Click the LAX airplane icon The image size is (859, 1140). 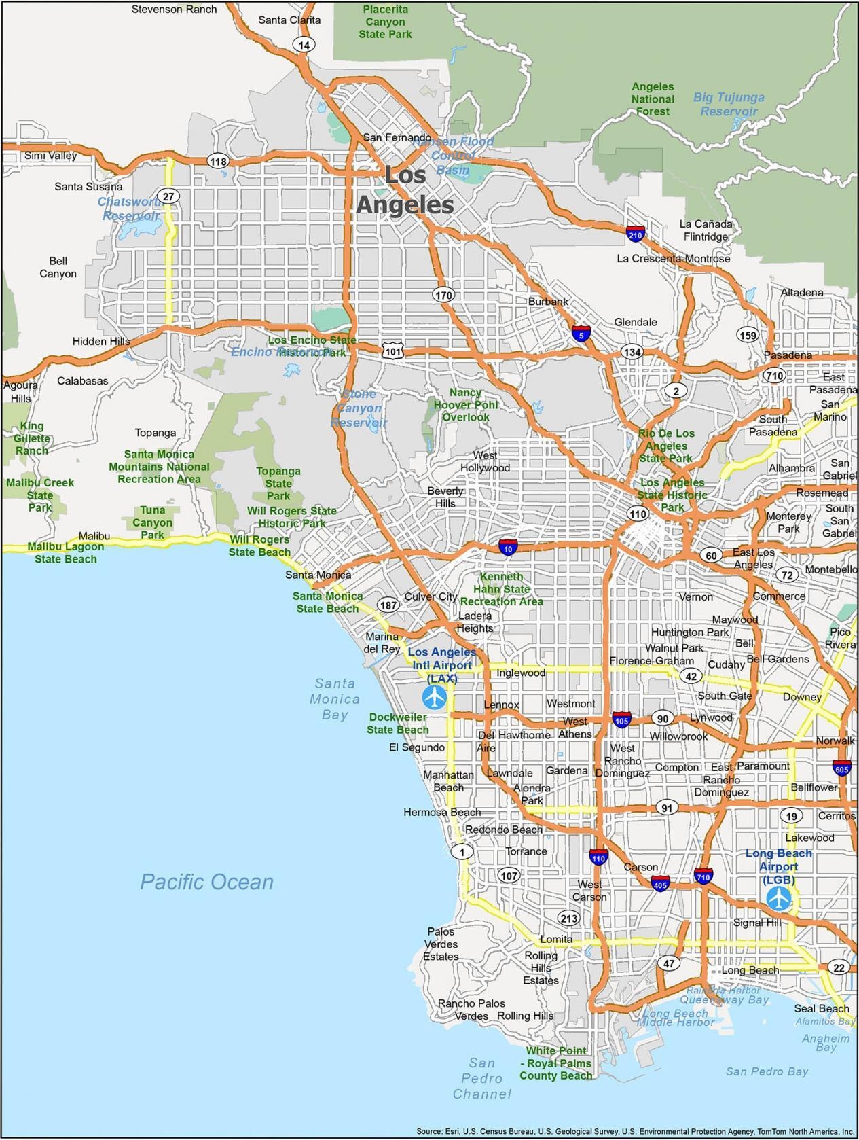point(434,696)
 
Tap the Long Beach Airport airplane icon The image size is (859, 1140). point(779,898)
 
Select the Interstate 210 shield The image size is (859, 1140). point(636,234)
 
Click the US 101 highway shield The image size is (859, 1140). point(392,351)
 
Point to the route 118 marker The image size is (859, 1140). point(218,161)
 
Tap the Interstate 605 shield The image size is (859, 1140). point(842,768)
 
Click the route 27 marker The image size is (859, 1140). point(168,196)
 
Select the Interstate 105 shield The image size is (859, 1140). point(621,719)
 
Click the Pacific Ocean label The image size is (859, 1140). point(206,882)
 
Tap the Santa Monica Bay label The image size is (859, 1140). point(335,698)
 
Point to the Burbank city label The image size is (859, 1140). point(548,301)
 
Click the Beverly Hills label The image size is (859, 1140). point(445,497)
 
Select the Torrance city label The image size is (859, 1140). point(526,851)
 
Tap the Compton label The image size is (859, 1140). point(676,767)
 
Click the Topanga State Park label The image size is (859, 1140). point(278,483)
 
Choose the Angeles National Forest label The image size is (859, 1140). point(653,99)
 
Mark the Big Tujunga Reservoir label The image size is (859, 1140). point(729,104)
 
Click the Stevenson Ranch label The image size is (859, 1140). point(174,9)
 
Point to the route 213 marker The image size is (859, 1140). point(568,919)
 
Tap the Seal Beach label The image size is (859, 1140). point(822,1008)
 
